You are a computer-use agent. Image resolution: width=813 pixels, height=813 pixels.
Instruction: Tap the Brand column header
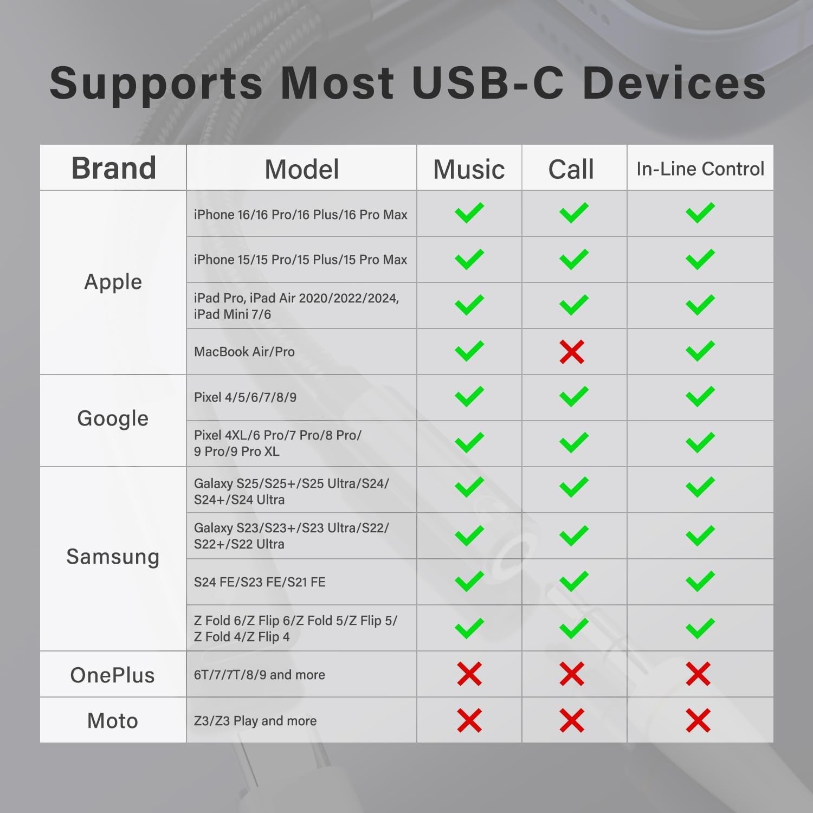[x=114, y=168]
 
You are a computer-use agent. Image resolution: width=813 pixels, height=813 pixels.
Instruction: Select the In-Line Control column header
[x=700, y=169]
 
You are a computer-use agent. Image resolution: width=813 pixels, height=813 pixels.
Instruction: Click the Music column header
[x=469, y=169]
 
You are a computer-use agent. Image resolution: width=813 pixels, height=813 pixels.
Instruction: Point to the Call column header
[x=571, y=169]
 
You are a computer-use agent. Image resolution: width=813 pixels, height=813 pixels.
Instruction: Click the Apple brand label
[x=113, y=282]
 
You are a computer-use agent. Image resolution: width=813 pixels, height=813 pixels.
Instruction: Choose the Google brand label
[x=113, y=418]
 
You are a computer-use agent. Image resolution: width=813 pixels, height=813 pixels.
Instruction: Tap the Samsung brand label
[x=113, y=557]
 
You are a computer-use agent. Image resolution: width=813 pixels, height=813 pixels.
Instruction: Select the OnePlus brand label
[x=113, y=675]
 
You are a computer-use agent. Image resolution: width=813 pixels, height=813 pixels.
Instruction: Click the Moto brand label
[x=113, y=721]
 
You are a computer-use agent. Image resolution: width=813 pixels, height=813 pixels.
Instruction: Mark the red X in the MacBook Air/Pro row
[x=572, y=352]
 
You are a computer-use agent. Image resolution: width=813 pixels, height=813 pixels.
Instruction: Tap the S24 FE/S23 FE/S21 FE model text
[x=260, y=582]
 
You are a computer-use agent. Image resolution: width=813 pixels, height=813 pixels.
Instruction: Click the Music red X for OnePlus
[x=469, y=674]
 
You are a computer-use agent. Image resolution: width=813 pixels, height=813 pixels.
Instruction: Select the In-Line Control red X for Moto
[x=698, y=720]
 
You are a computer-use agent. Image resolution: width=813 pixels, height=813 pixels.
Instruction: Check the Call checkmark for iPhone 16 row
[x=573, y=213]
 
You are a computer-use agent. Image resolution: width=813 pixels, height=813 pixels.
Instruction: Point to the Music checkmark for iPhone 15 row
[x=469, y=259]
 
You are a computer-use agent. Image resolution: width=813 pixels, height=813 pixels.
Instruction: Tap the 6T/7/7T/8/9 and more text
[x=260, y=675]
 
